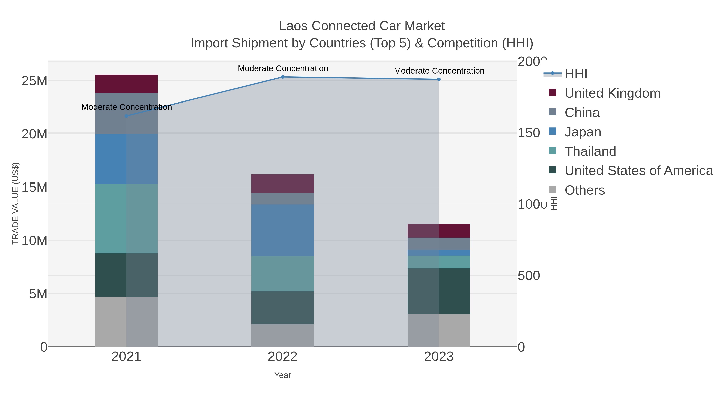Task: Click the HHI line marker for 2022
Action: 283,77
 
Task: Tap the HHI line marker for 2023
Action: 439,79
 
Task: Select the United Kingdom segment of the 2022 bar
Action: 283,184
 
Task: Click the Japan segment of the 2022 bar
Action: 283,230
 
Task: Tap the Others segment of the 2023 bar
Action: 439,330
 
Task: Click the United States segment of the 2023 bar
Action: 439,291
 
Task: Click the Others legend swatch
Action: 552,190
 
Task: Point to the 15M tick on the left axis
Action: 34,187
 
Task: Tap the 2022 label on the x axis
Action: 283,357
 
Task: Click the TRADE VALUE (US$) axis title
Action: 15,203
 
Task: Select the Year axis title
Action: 283,375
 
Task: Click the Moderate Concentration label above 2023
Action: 439,71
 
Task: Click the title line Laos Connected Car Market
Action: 362,26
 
